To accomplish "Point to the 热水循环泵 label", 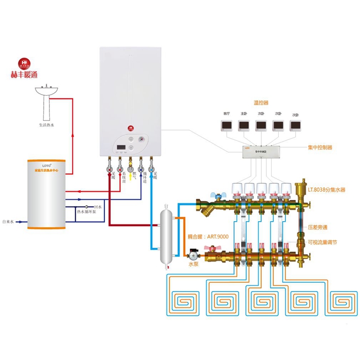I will [x=86, y=211].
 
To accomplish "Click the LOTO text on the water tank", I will [x=34, y=164].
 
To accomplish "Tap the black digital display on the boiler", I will [x=122, y=148].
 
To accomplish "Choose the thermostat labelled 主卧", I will [x=243, y=124].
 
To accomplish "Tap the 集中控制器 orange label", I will [x=319, y=147].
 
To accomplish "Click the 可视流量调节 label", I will [x=322, y=242].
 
